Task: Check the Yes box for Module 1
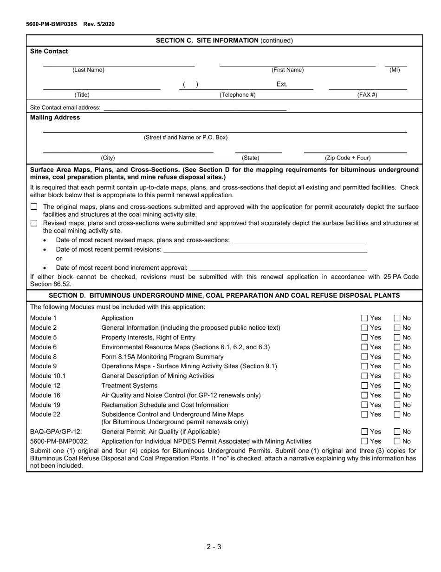[x=365, y=318]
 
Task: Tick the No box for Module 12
[x=397, y=386]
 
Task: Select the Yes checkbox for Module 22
[x=365, y=414]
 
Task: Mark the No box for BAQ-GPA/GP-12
[x=397, y=432]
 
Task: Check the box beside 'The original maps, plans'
[x=34, y=206]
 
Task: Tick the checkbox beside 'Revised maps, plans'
[x=34, y=223]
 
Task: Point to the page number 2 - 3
[x=214, y=546]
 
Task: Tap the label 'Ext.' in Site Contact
[x=282, y=84]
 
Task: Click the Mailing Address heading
[x=55, y=118]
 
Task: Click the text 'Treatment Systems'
[x=129, y=386]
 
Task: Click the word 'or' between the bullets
[x=59, y=259]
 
